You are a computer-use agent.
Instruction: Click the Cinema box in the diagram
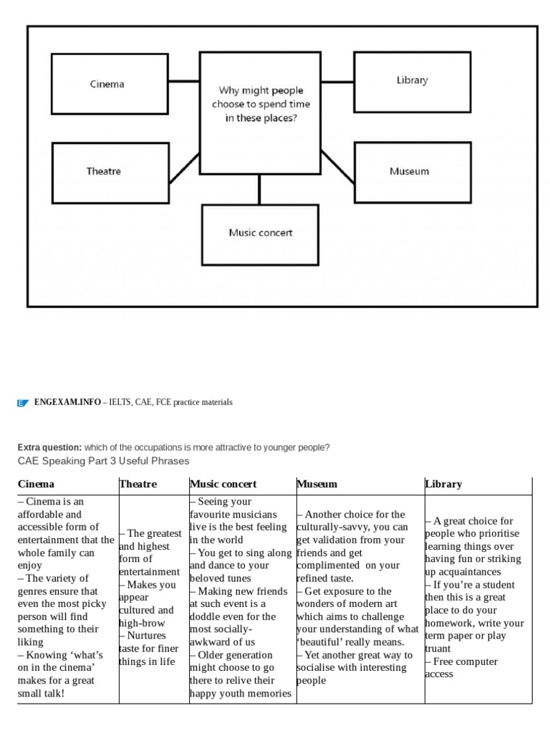[110, 84]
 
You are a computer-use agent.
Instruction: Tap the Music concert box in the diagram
[260, 233]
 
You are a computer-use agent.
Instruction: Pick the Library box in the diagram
[412, 81]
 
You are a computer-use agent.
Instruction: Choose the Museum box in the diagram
[412, 172]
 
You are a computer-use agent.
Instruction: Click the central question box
[260, 105]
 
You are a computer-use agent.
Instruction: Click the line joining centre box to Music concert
[260, 190]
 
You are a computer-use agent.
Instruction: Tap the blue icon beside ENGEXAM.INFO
[22, 403]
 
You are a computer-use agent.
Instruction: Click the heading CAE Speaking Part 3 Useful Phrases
[103, 460]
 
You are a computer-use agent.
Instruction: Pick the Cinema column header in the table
[36, 484]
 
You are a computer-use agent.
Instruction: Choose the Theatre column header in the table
[137, 484]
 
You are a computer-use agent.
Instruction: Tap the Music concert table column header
[223, 484]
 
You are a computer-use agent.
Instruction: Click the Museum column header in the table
[317, 484]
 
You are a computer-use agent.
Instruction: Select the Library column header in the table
[443, 484]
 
